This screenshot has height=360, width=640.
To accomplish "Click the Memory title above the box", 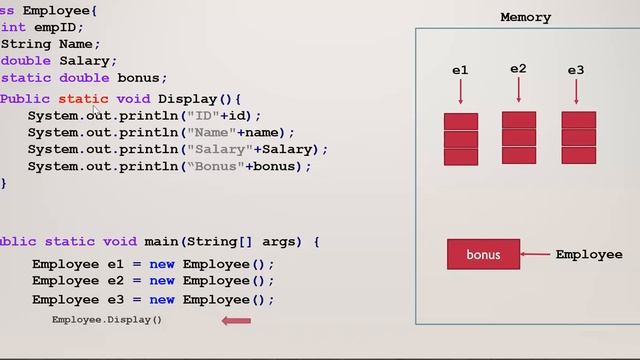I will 525,17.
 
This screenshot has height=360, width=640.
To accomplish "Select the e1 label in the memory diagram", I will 460,70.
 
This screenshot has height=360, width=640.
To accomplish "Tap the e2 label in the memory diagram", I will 518,69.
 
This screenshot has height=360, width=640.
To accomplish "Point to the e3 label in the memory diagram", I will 576,70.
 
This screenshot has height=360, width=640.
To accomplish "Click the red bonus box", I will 483,254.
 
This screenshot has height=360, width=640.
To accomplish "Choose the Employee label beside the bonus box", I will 589,254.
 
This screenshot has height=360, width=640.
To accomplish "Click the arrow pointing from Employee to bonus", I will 537,254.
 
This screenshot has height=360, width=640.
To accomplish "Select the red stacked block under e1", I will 461,139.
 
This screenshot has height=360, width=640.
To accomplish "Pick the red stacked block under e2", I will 519,137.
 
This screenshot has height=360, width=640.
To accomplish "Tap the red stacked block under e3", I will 578,137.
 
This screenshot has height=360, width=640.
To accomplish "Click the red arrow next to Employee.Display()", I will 236,320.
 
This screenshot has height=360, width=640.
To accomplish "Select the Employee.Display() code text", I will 107,320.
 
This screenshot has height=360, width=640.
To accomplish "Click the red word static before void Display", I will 83,99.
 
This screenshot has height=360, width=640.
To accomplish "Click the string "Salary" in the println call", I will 219,149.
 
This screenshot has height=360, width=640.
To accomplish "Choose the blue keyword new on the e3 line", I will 162,299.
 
